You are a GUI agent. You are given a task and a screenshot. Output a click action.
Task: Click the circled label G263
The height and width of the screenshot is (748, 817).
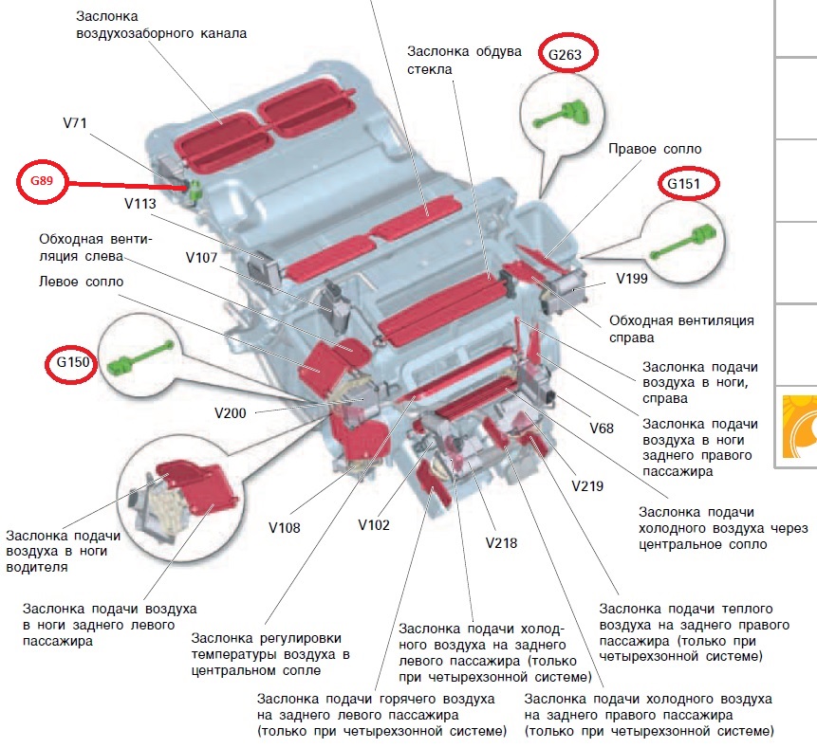click(x=566, y=54)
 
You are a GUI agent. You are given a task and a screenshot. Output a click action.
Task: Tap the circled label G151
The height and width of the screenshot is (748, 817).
click(x=688, y=183)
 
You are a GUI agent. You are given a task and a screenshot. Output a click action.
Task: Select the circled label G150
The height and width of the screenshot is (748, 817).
click(x=72, y=363)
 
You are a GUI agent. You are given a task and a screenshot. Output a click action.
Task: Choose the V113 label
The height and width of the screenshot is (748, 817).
click(x=143, y=202)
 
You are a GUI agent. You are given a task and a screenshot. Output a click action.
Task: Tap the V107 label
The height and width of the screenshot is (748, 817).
click(x=204, y=257)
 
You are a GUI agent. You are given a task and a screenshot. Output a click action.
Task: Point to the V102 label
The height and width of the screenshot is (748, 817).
click(x=375, y=524)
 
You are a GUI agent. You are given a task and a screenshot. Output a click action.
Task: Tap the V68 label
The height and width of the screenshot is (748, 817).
click(x=602, y=429)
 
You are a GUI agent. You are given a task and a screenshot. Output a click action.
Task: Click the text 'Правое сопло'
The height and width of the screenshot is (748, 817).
click(x=654, y=150)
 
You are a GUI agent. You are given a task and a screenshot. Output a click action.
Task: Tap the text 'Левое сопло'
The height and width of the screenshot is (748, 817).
click(x=81, y=282)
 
